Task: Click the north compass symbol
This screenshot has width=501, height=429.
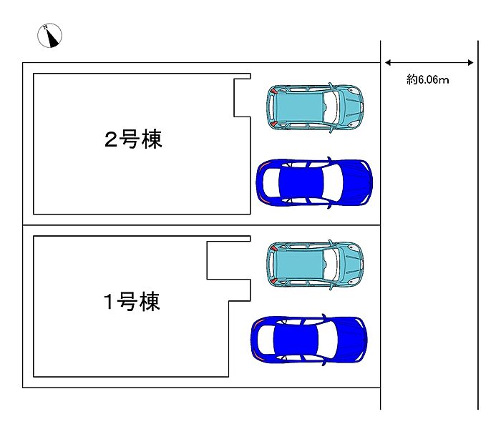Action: click(49, 36)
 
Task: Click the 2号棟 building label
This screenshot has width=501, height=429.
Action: click(133, 139)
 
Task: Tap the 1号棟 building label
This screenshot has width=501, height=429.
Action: click(131, 301)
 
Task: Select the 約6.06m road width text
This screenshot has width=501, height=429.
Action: click(427, 79)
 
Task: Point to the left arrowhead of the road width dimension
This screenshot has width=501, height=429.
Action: click(388, 63)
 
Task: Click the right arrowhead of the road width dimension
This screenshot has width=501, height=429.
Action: click(471, 63)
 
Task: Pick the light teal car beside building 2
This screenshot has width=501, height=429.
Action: click(315, 107)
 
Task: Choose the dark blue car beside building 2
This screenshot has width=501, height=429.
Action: click(314, 182)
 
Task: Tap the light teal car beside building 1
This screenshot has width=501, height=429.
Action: click(315, 264)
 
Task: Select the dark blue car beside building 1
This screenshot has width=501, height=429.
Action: click(309, 340)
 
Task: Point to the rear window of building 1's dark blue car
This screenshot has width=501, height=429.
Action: click(266, 340)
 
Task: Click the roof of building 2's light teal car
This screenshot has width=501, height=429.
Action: click(299, 107)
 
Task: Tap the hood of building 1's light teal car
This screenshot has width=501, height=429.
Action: click(351, 264)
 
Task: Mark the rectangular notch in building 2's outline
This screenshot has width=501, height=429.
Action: click(242, 98)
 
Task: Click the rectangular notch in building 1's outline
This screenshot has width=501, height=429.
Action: click(229, 260)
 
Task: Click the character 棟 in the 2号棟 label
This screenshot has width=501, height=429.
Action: click(152, 139)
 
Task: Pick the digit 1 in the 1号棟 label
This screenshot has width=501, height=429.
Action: click(109, 302)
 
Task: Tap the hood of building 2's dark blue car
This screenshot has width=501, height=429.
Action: click(357, 182)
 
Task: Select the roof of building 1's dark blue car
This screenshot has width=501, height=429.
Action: click(296, 340)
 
